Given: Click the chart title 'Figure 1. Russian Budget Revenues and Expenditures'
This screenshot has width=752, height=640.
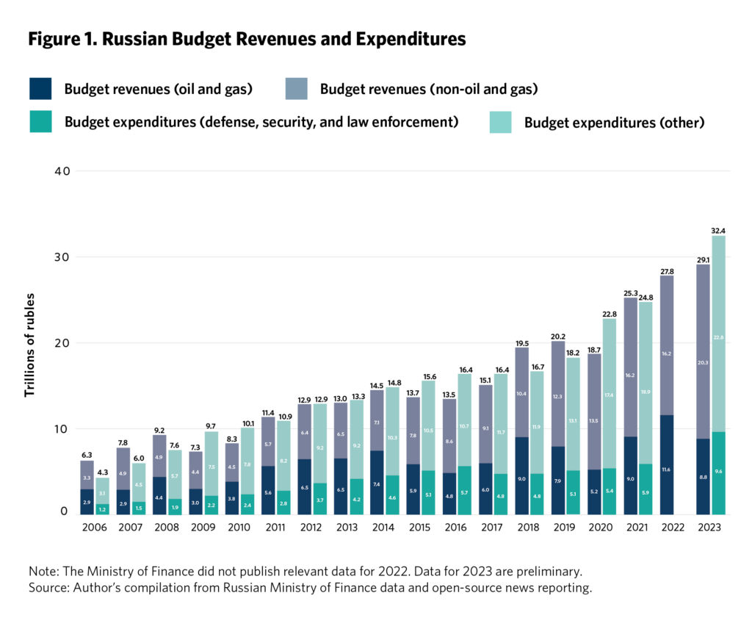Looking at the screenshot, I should (x=247, y=40).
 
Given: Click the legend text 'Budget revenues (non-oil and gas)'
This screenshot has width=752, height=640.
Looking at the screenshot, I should (x=429, y=90).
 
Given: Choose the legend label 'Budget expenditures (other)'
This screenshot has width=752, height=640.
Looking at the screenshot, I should (x=614, y=123).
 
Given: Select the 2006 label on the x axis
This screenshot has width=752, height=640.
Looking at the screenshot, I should (x=94, y=528).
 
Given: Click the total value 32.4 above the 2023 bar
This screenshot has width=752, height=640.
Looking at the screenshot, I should (x=717, y=231).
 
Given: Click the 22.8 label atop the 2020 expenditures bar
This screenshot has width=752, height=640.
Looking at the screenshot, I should (x=609, y=313).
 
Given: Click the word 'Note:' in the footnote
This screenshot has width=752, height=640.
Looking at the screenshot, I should (x=43, y=571).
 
